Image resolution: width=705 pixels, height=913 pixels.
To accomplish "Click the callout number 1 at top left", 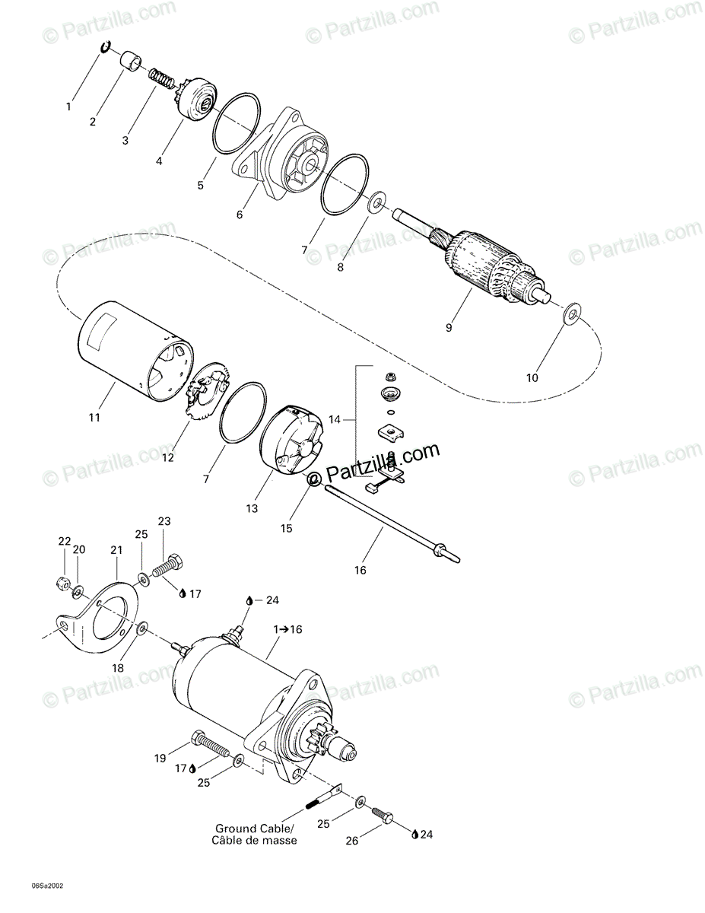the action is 68,107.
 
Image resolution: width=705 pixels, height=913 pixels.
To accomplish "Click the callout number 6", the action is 240,215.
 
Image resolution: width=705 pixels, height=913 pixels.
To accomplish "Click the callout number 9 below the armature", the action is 449,328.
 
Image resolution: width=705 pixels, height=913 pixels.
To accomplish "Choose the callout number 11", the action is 94,417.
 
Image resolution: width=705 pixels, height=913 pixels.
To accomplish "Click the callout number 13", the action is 252,507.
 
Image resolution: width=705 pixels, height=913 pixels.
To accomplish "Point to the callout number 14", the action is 335,419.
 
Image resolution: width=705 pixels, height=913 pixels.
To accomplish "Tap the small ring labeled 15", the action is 313,480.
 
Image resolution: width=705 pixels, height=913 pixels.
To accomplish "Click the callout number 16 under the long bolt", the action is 360,569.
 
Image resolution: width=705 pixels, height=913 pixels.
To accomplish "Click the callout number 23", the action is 164,521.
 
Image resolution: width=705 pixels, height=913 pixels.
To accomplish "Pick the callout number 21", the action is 116,549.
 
